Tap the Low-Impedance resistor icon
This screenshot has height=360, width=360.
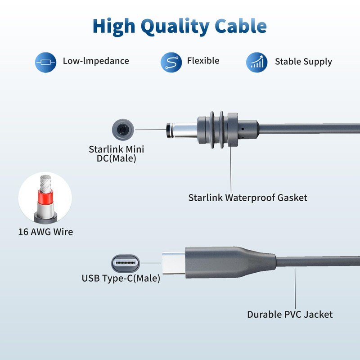(x=45, y=61)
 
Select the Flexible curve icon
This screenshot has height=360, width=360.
(x=171, y=62)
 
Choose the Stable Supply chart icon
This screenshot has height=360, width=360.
(x=257, y=62)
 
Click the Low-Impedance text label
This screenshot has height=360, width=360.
(x=96, y=61)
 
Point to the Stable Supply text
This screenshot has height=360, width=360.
(x=303, y=62)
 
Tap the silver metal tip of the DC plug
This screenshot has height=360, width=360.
(x=184, y=130)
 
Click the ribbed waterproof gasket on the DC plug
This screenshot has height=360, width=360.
(x=217, y=130)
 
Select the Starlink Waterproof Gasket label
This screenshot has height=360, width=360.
(x=248, y=197)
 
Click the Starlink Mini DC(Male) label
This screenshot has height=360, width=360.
(x=117, y=154)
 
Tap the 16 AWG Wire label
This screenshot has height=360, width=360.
(x=45, y=232)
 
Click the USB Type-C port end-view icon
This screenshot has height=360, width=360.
(x=126, y=263)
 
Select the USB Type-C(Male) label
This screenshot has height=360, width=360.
(x=121, y=278)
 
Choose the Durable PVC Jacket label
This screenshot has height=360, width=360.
(x=290, y=314)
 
